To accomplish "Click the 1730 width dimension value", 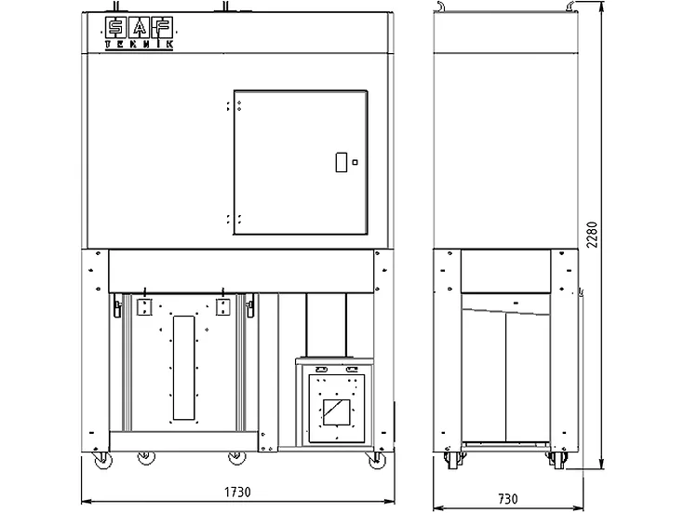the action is pos(237,492).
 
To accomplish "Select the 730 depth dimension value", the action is pos(508,499).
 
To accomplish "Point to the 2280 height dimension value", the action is pos(592,235).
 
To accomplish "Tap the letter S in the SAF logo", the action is pos(116,28).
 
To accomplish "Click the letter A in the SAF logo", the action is pos(140,28).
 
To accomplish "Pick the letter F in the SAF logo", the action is pos(162,28).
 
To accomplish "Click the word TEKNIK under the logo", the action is pos(140,45).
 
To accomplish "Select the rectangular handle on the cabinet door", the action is pos(342,162).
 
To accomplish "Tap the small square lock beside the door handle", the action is pos(355,162).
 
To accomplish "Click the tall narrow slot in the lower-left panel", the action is pos(183,368).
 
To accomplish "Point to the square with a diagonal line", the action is pos(336,412).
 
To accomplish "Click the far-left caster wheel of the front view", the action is pos(103,460).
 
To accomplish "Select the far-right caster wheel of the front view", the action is pos(377,460).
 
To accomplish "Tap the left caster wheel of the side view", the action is pos(453,461).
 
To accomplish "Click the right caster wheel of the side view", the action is pos(558,461).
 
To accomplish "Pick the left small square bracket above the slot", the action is pos(144,306).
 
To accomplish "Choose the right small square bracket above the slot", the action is pos(223,306).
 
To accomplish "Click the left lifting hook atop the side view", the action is pos(441,6).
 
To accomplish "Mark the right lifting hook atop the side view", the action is pos(571,6).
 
